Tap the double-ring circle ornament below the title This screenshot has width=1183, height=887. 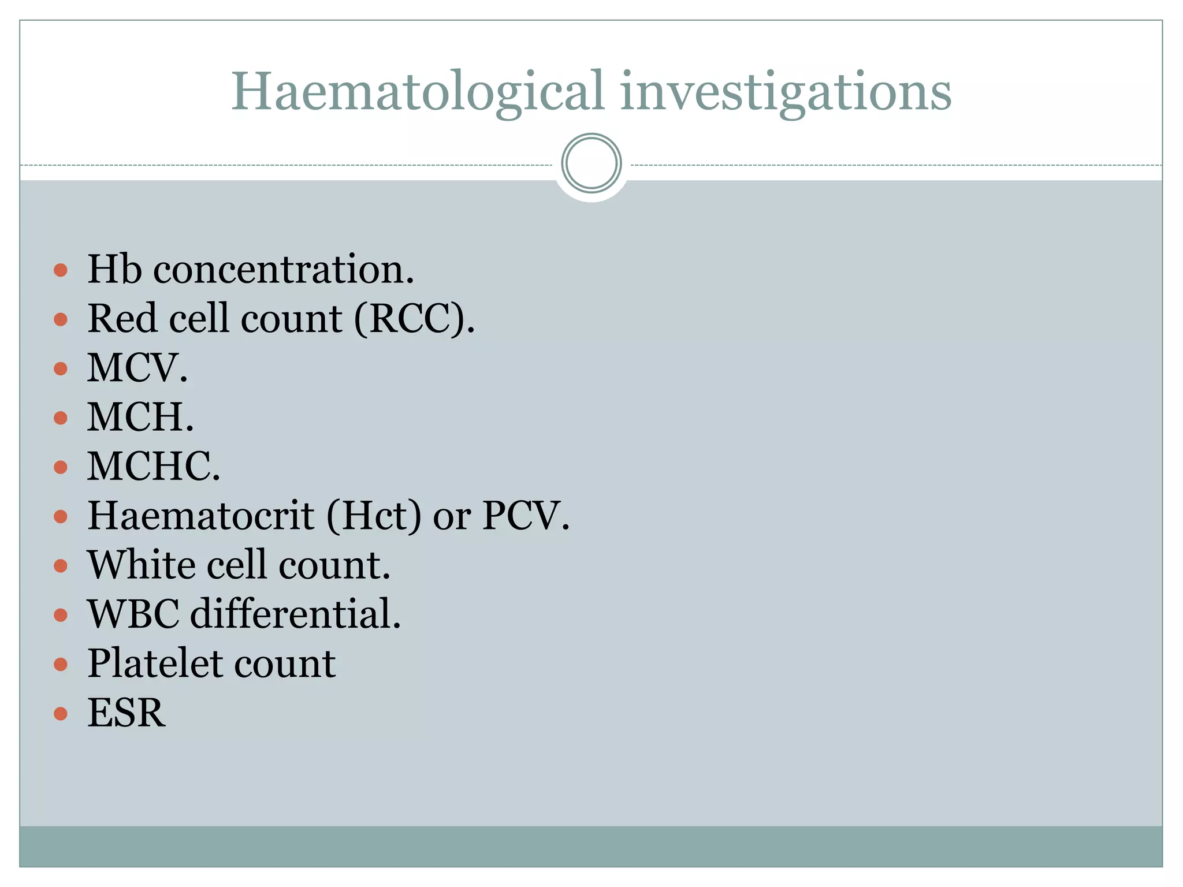coord(591,163)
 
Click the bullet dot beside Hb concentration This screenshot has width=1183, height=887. coord(61,270)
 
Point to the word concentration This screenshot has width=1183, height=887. coord(283,270)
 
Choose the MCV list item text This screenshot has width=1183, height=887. coord(137,368)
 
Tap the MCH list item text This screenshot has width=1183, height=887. coord(140,417)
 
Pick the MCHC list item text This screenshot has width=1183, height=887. coord(153,466)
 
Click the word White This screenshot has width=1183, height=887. coord(141,564)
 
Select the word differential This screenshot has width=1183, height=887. coord(295,613)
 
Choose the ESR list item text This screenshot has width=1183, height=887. coord(126,713)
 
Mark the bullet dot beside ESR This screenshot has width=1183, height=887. coord(61,714)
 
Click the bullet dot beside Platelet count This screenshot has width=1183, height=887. coord(61,665)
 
